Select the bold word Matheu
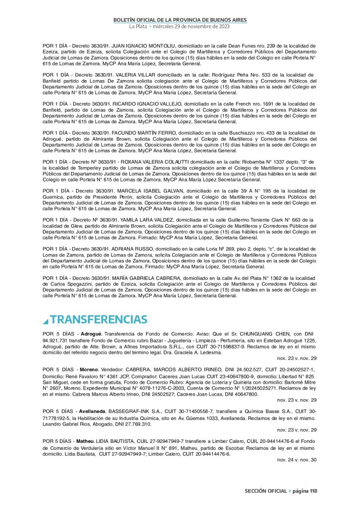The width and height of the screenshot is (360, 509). click(x=85, y=441)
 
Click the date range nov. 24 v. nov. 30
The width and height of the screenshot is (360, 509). click(x=297, y=460)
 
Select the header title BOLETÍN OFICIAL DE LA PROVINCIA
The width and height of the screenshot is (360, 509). click(x=180, y=19)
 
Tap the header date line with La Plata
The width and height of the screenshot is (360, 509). click(x=180, y=26)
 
